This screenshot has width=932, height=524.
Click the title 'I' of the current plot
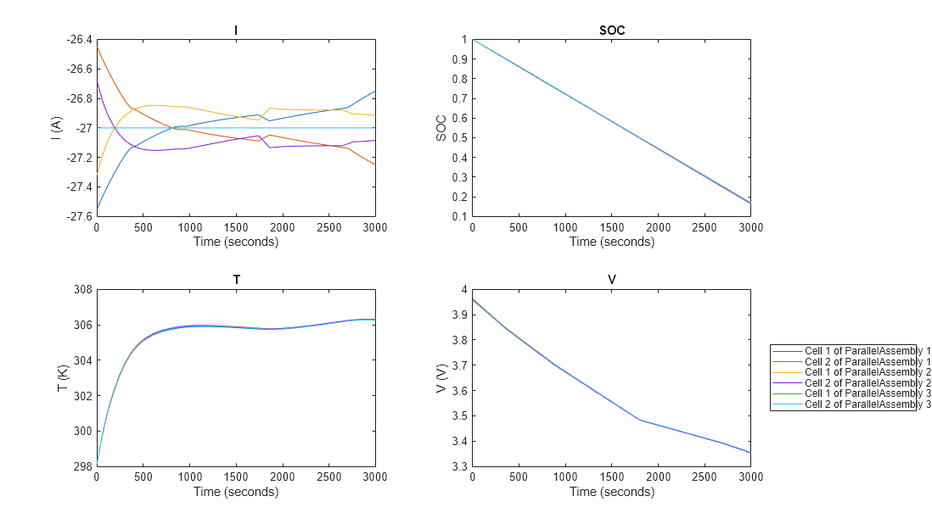(236, 31)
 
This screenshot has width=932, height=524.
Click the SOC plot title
(611, 31)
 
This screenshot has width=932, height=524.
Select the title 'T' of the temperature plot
(236, 281)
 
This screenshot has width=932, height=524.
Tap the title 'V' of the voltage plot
(611, 281)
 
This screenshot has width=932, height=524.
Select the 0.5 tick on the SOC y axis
(459, 137)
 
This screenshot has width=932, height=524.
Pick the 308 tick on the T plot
(82, 290)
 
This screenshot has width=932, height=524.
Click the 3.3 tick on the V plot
(459, 467)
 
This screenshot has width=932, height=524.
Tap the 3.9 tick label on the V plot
(459, 315)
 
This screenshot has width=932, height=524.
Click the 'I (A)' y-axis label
(57, 127)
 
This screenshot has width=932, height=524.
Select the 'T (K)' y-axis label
(63, 378)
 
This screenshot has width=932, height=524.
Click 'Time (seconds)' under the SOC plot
(611, 242)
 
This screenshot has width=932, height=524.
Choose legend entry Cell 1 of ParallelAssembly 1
(866, 350)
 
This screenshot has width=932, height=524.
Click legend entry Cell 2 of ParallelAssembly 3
(866, 404)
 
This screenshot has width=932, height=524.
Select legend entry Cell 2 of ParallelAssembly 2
(866, 382)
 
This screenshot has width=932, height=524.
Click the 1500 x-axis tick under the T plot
(236, 477)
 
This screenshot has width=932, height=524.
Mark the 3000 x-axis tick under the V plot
(750, 477)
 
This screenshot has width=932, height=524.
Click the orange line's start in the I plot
(98, 47)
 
